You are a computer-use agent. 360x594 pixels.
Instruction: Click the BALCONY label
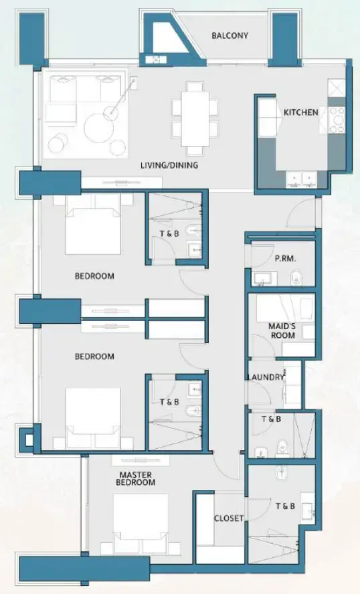(230, 35)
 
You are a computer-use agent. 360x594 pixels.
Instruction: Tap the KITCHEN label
(300, 112)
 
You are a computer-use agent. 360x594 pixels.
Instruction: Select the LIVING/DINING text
(169, 165)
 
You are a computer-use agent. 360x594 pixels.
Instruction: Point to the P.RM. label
(286, 258)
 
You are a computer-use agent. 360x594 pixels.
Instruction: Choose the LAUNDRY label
(266, 377)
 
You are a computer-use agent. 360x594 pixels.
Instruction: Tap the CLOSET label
(229, 518)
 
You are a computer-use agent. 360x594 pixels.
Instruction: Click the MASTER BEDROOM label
(135, 478)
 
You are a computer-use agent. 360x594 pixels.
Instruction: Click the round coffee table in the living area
(102, 126)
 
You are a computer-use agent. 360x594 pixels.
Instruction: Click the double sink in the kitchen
(302, 178)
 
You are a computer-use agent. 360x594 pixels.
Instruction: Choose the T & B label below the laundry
(271, 419)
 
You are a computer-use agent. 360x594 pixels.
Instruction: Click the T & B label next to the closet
(285, 506)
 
